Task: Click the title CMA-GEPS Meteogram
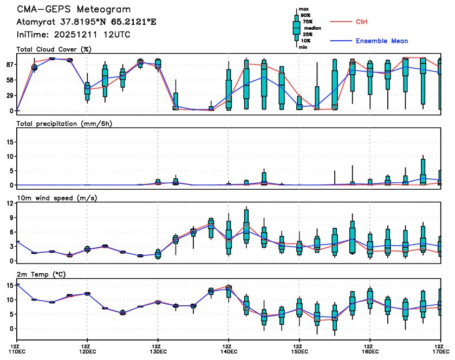[74, 10]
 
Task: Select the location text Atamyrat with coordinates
[89, 22]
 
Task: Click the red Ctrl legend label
[362, 22]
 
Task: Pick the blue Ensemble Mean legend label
[382, 41]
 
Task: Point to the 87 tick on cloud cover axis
[9, 65]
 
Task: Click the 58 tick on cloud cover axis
[9, 80]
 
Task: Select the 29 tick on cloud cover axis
[9, 95]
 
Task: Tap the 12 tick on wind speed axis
[9, 203]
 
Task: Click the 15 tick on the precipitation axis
[9, 142]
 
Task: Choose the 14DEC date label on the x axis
[228, 351]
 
